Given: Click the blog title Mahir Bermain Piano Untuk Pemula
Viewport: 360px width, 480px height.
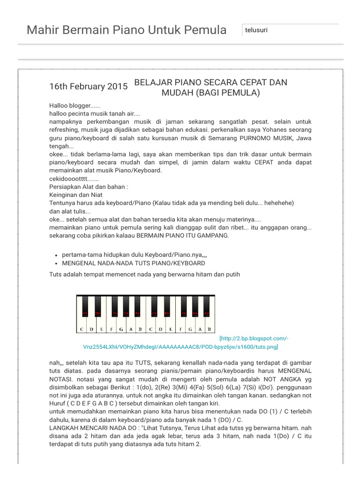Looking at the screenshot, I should pyautogui.click(x=127, y=30).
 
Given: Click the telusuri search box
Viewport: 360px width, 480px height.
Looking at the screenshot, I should pyautogui.click(x=290, y=30).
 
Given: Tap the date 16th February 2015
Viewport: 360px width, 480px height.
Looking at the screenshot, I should pyautogui.click(x=89, y=86).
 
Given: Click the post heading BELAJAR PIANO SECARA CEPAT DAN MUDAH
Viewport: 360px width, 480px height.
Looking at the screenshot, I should pyautogui.click(x=210, y=88).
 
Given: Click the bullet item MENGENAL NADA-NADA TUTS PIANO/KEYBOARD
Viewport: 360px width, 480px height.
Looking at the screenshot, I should pyautogui.click(x=133, y=263).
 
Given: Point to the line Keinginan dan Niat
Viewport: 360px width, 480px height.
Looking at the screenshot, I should pyautogui.click(x=75, y=195).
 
